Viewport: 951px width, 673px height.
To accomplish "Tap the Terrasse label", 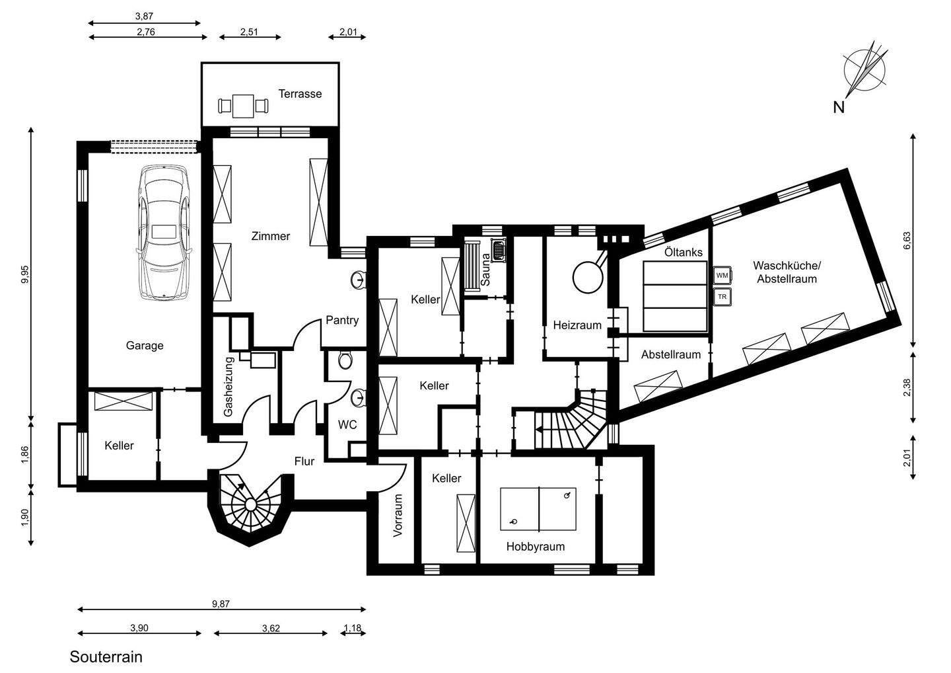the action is [300, 94].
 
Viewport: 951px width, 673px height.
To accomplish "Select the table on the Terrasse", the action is [243, 106].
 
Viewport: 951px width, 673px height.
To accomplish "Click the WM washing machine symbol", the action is [722, 275].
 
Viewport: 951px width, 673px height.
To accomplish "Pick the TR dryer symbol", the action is [722, 297].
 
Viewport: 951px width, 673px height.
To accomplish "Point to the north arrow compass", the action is [864, 71].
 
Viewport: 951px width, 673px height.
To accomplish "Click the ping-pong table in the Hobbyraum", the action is [538, 508].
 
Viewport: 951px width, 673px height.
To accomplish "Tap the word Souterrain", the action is [106, 657].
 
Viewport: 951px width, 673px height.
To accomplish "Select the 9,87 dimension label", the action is [221, 604].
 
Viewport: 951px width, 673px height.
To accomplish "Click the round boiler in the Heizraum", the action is [588, 277].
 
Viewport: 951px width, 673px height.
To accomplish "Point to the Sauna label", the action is [485, 269].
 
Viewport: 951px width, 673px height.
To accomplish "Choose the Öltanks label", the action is [684, 253].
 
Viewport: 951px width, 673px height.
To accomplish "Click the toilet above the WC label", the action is [345, 360].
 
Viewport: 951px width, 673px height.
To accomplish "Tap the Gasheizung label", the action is [228, 386].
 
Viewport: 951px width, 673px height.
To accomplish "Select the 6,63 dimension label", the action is [907, 241].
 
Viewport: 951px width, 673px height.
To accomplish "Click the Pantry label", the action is [342, 321].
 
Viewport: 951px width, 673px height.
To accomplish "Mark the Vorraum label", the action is [398, 516].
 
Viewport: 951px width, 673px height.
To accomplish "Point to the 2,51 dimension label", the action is [249, 32].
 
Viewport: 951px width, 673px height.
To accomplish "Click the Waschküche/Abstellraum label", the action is [787, 272].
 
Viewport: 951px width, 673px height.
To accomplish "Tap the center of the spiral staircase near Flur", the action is [250, 505].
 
